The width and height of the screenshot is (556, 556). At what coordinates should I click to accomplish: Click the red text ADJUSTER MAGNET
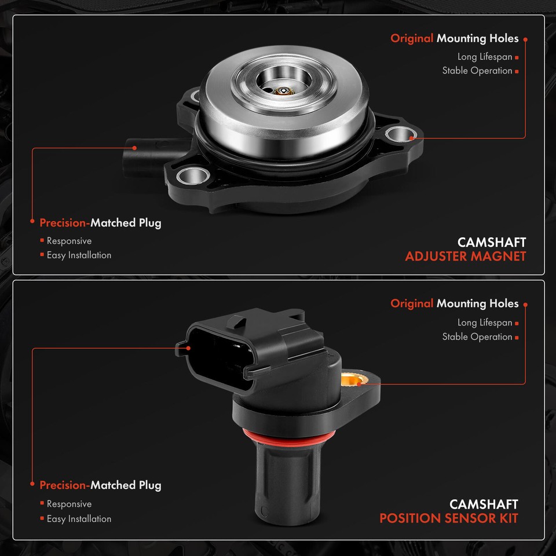pyautogui.click(x=465, y=256)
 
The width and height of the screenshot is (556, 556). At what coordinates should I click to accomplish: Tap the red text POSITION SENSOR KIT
pyautogui.click(x=448, y=518)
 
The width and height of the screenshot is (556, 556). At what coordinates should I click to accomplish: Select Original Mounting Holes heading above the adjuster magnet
pyautogui.click(x=454, y=39)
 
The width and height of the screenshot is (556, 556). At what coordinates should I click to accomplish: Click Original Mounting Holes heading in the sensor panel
pyautogui.click(x=454, y=303)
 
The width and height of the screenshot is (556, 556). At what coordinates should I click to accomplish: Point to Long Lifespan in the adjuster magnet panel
pyautogui.click(x=485, y=57)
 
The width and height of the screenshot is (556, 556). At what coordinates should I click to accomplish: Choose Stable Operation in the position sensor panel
pyautogui.click(x=477, y=336)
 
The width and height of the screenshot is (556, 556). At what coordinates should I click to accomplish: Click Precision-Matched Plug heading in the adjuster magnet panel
pyautogui.click(x=100, y=222)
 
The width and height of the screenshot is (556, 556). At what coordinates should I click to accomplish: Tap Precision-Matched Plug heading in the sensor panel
pyautogui.click(x=100, y=485)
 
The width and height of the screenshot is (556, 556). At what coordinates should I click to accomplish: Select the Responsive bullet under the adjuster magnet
pyautogui.click(x=69, y=241)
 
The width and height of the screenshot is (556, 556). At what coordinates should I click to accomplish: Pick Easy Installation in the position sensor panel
pyautogui.click(x=79, y=519)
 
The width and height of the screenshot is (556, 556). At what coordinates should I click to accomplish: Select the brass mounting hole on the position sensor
pyautogui.click(x=353, y=381)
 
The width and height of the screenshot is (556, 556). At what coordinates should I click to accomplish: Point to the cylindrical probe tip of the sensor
pyautogui.click(x=286, y=487)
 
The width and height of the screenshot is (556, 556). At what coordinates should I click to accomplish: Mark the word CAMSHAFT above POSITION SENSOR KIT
pyautogui.click(x=484, y=504)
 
